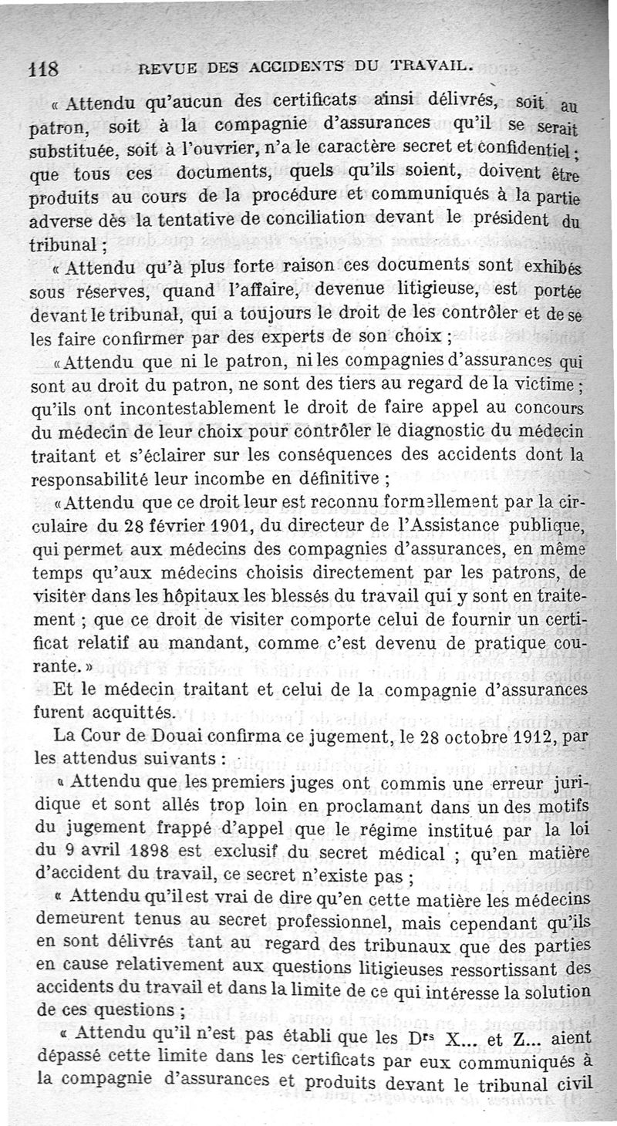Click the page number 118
pos(45,69)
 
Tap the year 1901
pos(249,528)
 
